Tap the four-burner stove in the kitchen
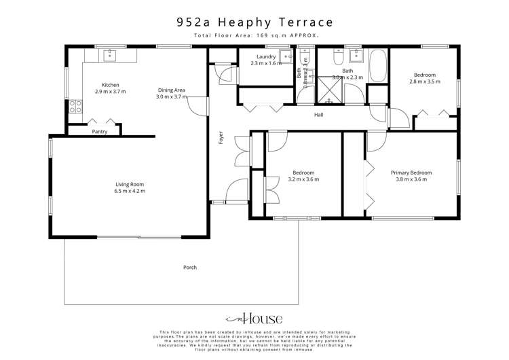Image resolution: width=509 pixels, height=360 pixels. point(76,107)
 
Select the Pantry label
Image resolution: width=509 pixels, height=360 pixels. point(99,131)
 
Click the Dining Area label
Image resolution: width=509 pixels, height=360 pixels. point(171,90)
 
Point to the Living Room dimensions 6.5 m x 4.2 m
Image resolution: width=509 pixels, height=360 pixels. point(129,192)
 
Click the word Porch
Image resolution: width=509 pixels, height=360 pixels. point(190,267)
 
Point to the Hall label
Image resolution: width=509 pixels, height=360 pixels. point(318,115)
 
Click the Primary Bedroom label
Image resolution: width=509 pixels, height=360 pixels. point(411,173)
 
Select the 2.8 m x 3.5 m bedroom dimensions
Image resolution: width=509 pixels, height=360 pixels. point(424,82)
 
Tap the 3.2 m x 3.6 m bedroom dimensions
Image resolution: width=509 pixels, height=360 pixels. point(303,179)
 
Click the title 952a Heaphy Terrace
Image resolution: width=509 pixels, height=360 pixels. point(254,22)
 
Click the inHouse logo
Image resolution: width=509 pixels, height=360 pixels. point(254,319)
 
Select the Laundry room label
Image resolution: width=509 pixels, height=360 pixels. point(261,56)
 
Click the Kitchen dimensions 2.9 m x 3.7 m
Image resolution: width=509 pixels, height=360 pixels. point(110,91)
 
